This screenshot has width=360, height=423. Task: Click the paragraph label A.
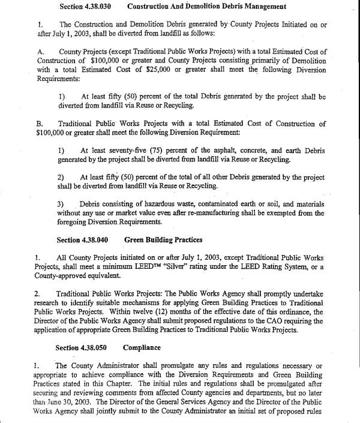click(40, 52)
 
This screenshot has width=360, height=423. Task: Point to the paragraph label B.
click(39, 124)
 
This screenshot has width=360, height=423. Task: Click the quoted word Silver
click(185, 267)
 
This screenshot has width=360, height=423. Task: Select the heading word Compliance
click(142, 347)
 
